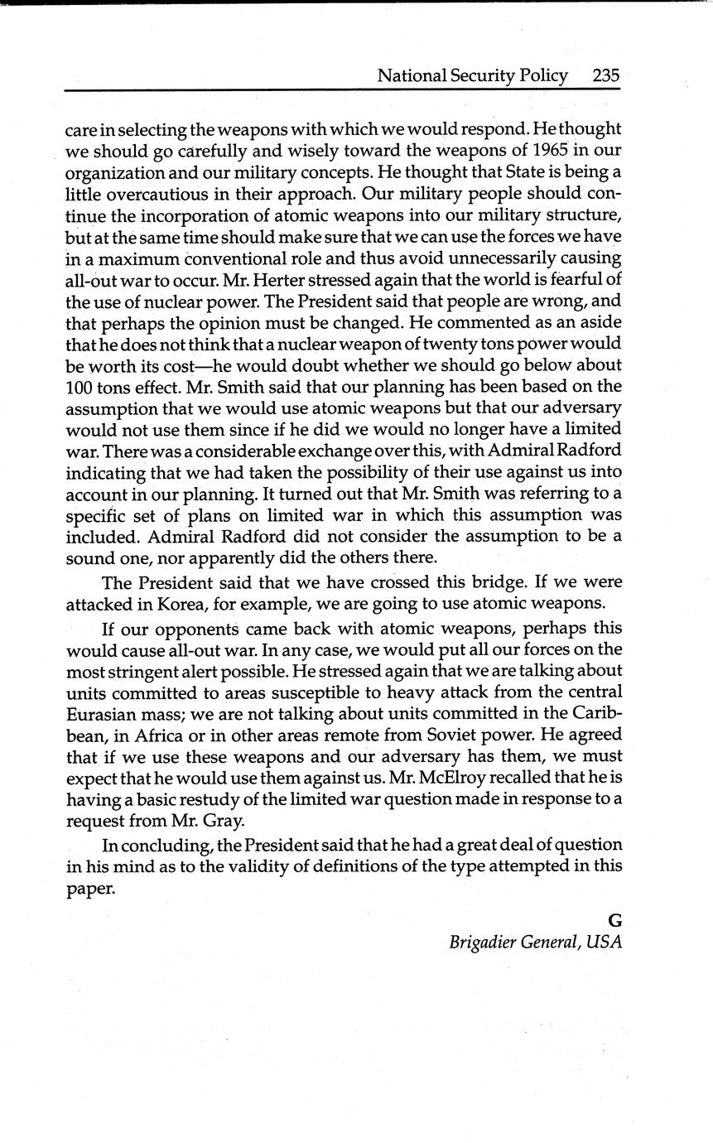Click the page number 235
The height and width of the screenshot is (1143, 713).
point(606,75)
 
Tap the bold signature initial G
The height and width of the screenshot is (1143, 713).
point(614,920)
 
